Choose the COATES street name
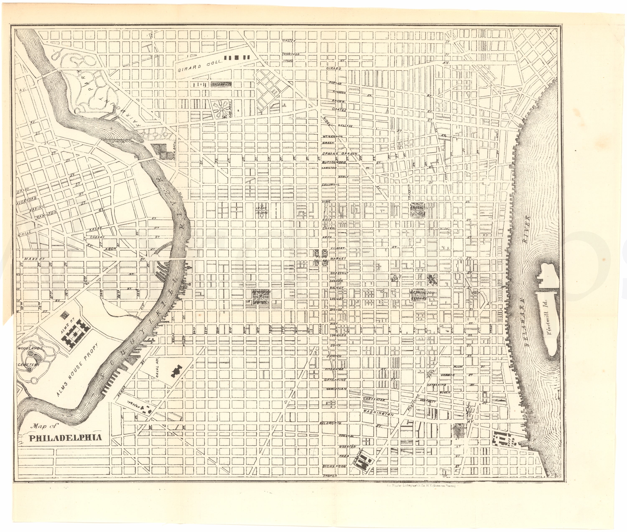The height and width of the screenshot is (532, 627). tap(338, 110)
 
